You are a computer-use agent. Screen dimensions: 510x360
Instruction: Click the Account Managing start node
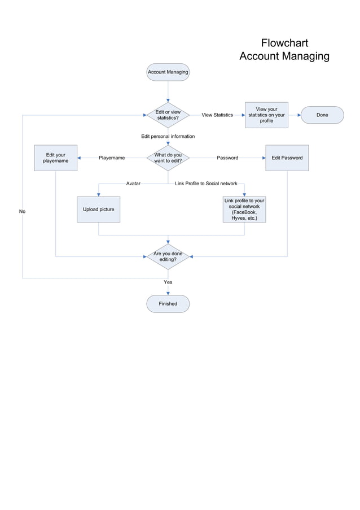point(168,72)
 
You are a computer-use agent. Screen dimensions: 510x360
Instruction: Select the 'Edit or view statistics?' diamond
point(168,115)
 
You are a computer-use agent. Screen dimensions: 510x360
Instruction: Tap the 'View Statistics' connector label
point(217,115)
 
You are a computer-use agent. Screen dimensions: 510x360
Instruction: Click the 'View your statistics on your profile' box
point(266,115)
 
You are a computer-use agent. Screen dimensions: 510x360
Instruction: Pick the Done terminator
point(322,115)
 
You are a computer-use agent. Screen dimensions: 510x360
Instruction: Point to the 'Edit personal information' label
point(168,137)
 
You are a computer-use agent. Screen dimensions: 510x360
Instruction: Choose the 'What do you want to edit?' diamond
point(168,158)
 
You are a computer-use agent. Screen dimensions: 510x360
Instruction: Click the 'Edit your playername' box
point(55,158)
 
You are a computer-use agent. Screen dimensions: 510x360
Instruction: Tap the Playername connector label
point(112,158)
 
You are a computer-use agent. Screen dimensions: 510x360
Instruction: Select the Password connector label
point(227,158)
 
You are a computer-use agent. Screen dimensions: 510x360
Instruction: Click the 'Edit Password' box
point(287,158)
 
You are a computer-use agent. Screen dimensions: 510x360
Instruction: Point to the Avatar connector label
point(133,184)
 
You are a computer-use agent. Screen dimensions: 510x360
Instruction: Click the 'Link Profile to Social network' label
point(206,184)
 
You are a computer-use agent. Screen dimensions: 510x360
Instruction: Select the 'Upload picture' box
point(99,210)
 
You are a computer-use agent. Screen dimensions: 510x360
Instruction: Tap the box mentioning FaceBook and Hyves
point(244,210)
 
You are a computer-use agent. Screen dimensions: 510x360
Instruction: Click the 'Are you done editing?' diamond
point(168,257)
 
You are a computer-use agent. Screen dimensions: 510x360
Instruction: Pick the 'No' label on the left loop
point(23,211)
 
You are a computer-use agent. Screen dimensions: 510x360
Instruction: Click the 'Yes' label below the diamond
point(168,282)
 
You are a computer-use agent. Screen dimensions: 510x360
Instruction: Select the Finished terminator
point(168,304)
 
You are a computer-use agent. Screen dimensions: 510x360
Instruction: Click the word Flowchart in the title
point(284,43)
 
